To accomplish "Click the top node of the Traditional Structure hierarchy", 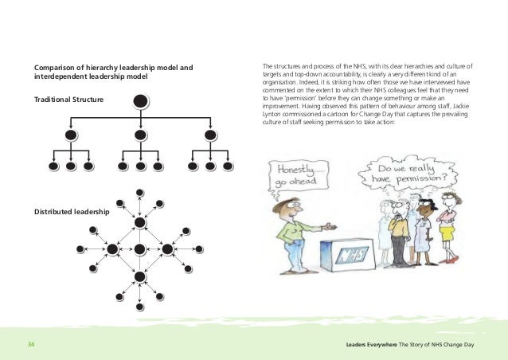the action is (x=140, y=101).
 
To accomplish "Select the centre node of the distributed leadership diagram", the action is (x=140, y=249).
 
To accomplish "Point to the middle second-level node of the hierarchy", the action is (x=140, y=135).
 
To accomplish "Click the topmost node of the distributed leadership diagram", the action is (x=140, y=192).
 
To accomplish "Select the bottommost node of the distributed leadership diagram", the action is (x=140, y=306).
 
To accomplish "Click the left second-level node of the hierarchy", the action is (x=71, y=135).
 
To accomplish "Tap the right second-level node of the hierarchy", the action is (x=209, y=135).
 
